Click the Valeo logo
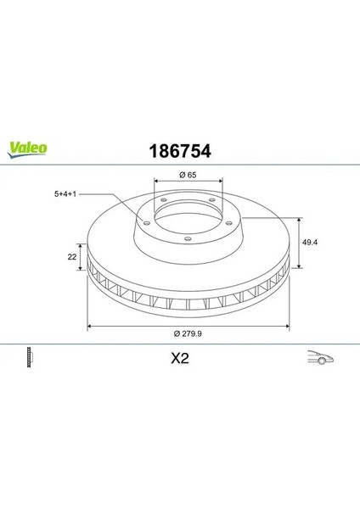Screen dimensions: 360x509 pyautogui.click(x=27, y=150)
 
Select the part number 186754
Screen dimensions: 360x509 pyautogui.click(x=180, y=151)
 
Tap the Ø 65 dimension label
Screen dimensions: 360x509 pyautogui.click(x=188, y=175)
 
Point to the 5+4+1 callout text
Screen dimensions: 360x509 pyautogui.click(x=65, y=194)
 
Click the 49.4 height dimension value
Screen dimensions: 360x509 pyautogui.click(x=310, y=242)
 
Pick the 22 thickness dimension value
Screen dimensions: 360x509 pyautogui.click(x=72, y=257)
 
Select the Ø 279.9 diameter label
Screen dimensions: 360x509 pyautogui.click(x=188, y=333)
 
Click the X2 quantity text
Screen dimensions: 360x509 pyautogui.click(x=180, y=358)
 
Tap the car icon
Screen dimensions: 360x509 pyautogui.click(x=320, y=357)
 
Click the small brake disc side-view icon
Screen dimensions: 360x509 pyautogui.click(x=30, y=357)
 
